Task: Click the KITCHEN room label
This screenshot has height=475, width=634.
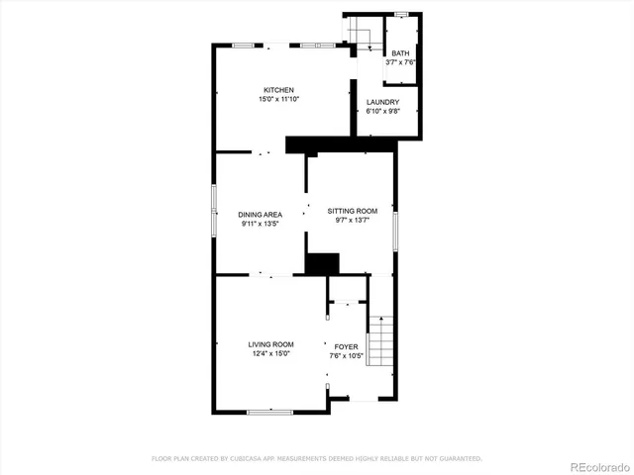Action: (278, 90)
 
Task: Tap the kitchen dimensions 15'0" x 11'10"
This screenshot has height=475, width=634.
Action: (278, 99)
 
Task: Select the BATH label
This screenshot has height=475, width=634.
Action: (400, 53)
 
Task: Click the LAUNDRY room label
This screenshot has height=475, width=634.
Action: (382, 102)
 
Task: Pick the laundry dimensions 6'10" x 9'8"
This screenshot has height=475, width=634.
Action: (382, 111)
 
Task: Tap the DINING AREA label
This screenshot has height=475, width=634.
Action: (261, 215)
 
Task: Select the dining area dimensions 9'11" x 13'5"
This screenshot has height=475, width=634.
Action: (261, 224)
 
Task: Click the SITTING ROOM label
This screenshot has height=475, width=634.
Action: (353, 211)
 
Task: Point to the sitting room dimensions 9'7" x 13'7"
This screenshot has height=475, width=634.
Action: (353, 220)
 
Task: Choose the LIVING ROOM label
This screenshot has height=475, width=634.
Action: (270, 344)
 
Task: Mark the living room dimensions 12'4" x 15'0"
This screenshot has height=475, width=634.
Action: (270, 353)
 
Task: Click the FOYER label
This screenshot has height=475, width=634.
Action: (346, 346)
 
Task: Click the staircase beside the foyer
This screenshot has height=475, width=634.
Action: (382, 340)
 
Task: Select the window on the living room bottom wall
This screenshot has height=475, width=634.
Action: (268, 412)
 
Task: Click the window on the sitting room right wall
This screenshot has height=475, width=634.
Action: (396, 230)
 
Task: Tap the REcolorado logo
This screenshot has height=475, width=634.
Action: (597, 465)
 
